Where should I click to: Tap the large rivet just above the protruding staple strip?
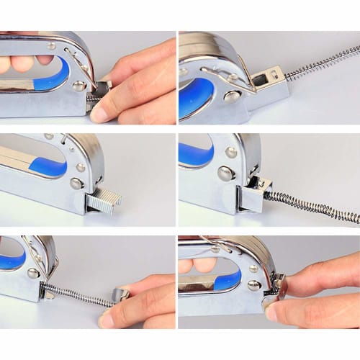[x=76, y=184]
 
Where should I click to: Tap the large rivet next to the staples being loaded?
[x=78, y=86]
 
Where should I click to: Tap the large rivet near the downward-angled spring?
[x=225, y=173]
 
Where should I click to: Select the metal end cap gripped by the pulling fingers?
[x=120, y=294]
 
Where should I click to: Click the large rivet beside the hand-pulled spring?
[x=34, y=273]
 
